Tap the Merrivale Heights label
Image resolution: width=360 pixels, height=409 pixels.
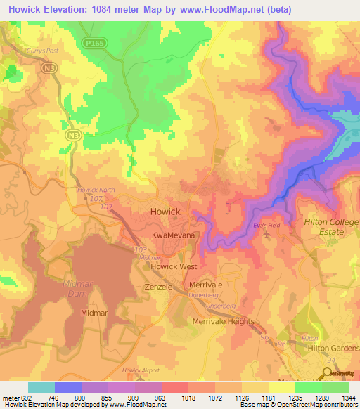[x=223, y=321]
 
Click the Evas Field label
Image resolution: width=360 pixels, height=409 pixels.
[x=266, y=225]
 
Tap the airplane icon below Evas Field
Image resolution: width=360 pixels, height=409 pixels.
[x=267, y=234]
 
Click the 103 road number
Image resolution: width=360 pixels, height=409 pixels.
[x=141, y=249]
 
